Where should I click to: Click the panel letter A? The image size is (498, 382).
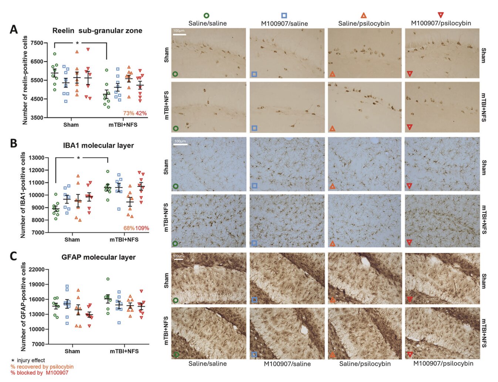pyautogui.click(x=14, y=30)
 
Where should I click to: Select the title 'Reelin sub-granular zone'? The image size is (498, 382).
pyautogui.click(x=97, y=31)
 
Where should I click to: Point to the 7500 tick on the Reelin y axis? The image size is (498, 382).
pyautogui.click(x=37, y=43)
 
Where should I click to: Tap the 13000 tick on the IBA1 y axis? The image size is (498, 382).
pyautogui.click(x=36, y=158)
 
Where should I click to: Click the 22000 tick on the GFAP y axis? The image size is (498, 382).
pyautogui.click(x=36, y=269)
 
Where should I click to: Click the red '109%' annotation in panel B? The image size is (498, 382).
pyautogui.click(x=142, y=228)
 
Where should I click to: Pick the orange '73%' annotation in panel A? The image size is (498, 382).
pyautogui.click(x=128, y=113)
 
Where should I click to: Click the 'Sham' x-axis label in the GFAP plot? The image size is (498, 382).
pyautogui.click(x=72, y=351)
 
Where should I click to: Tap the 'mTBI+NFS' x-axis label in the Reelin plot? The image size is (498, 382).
pyautogui.click(x=123, y=125)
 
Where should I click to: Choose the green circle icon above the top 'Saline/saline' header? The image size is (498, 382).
pyautogui.click(x=206, y=16)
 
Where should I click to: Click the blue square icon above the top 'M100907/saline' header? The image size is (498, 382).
pyautogui.click(x=284, y=16)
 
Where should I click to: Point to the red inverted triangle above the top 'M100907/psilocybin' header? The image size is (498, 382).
pyautogui.click(x=440, y=15)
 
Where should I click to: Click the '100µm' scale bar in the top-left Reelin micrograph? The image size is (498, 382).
pyautogui.click(x=179, y=33)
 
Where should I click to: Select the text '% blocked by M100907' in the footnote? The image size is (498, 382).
pyautogui.click(x=39, y=373)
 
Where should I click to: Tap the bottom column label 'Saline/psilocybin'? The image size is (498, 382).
pyautogui.click(x=365, y=363)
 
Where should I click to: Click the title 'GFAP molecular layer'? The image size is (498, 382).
pyautogui.click(x=98, y=257)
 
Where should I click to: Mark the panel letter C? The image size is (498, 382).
pyautogui.click(x=14, y=256)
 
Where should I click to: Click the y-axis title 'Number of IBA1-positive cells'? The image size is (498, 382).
pyautogui.click(x=23, y=195)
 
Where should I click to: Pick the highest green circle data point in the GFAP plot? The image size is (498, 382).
pyautogui.click(x=108, y=279)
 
